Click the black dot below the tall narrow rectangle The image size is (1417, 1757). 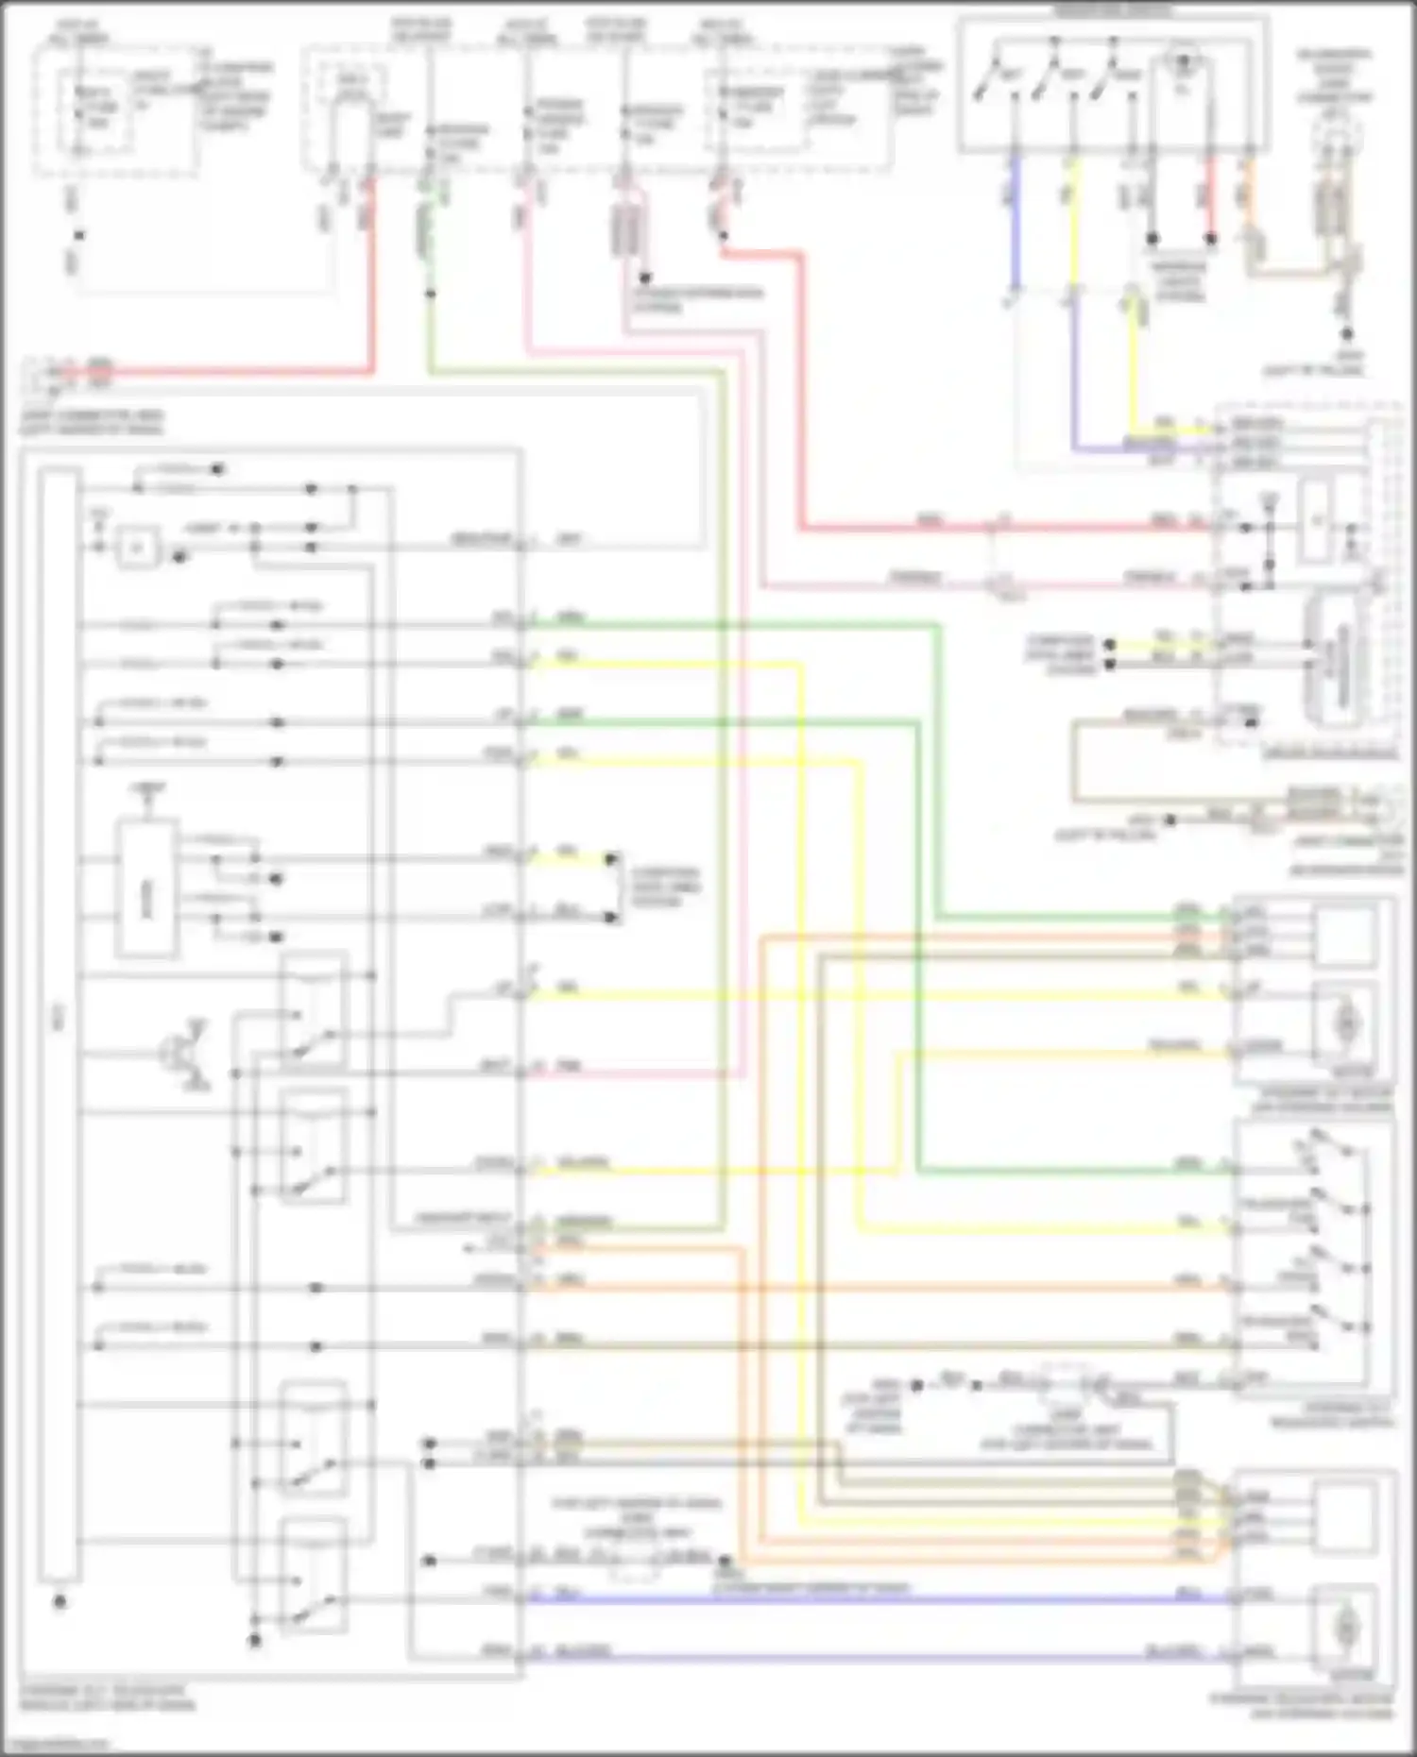point(60,1602)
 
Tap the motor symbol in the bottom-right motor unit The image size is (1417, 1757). point(1344,1627)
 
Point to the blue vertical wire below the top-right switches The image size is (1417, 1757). point(1014,222)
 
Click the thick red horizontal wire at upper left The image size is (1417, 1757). point(236,371)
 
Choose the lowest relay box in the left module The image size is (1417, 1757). point(313,1576)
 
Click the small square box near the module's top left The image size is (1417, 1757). point(138,548)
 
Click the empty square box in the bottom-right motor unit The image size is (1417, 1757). point(1344,1514)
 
